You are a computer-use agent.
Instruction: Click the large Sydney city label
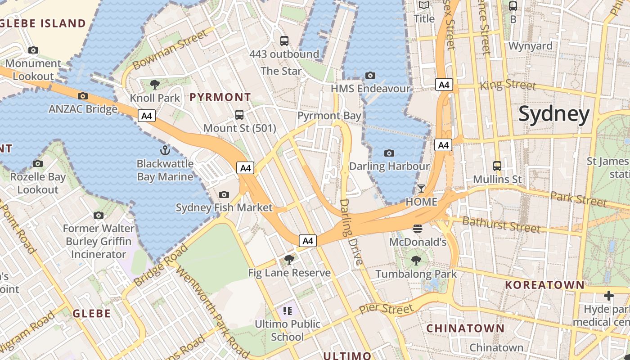(554, 114)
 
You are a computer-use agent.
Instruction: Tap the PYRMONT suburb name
(220, 97)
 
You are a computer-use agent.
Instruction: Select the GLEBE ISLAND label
(43, 23)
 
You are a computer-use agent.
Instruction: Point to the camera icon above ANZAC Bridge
(83, 96)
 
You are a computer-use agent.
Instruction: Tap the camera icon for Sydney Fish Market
(224, 194)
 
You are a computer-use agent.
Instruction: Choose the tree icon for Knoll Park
(154, 84)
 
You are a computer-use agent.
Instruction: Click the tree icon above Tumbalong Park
(416, 260)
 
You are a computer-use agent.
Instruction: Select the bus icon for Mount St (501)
(239, 115)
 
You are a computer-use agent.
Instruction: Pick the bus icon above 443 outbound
(284, 41)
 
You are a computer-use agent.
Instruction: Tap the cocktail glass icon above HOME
(421, 189)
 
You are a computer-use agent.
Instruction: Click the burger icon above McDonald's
(417, 229)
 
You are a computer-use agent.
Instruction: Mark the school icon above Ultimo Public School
(288, 310)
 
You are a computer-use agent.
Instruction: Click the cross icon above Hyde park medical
(608, 296)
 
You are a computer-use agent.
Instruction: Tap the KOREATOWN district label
(544, 285)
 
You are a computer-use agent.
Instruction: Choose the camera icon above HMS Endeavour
(370, 75)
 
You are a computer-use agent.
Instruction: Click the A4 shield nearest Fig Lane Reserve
(308, 241)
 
